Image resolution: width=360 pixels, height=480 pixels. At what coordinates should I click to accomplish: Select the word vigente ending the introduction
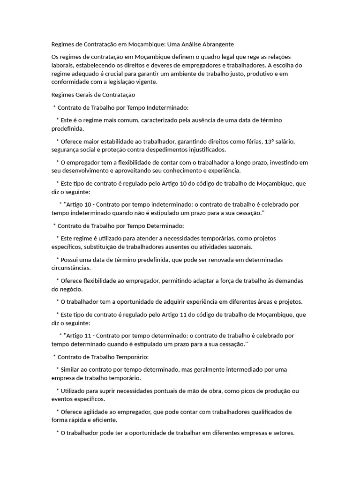point(145,82)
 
